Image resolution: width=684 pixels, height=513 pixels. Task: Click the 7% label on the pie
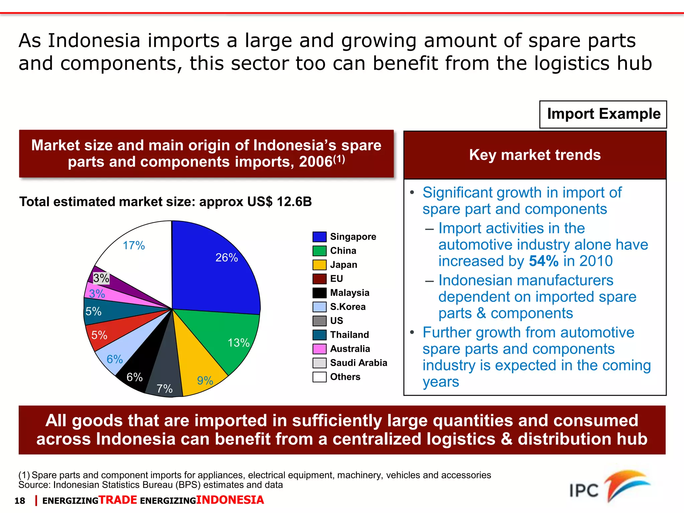click(165, 389)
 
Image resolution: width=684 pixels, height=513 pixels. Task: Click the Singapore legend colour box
click(319, 237)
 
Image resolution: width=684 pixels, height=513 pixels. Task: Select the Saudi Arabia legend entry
click(358, 363)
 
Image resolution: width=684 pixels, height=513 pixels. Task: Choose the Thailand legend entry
click(349, 335)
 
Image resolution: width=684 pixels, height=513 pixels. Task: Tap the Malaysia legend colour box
click(319, 293)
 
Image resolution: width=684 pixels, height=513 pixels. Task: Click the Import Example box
click(603, 114)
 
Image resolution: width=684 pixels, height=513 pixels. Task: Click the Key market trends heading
click(535, 155)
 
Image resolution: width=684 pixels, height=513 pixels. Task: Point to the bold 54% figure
click(544, 261)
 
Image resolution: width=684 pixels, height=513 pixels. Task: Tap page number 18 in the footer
click(20, 501)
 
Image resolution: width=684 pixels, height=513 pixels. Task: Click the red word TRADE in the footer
click(118, 500)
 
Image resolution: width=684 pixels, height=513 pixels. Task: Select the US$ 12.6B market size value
click(280, 202)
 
